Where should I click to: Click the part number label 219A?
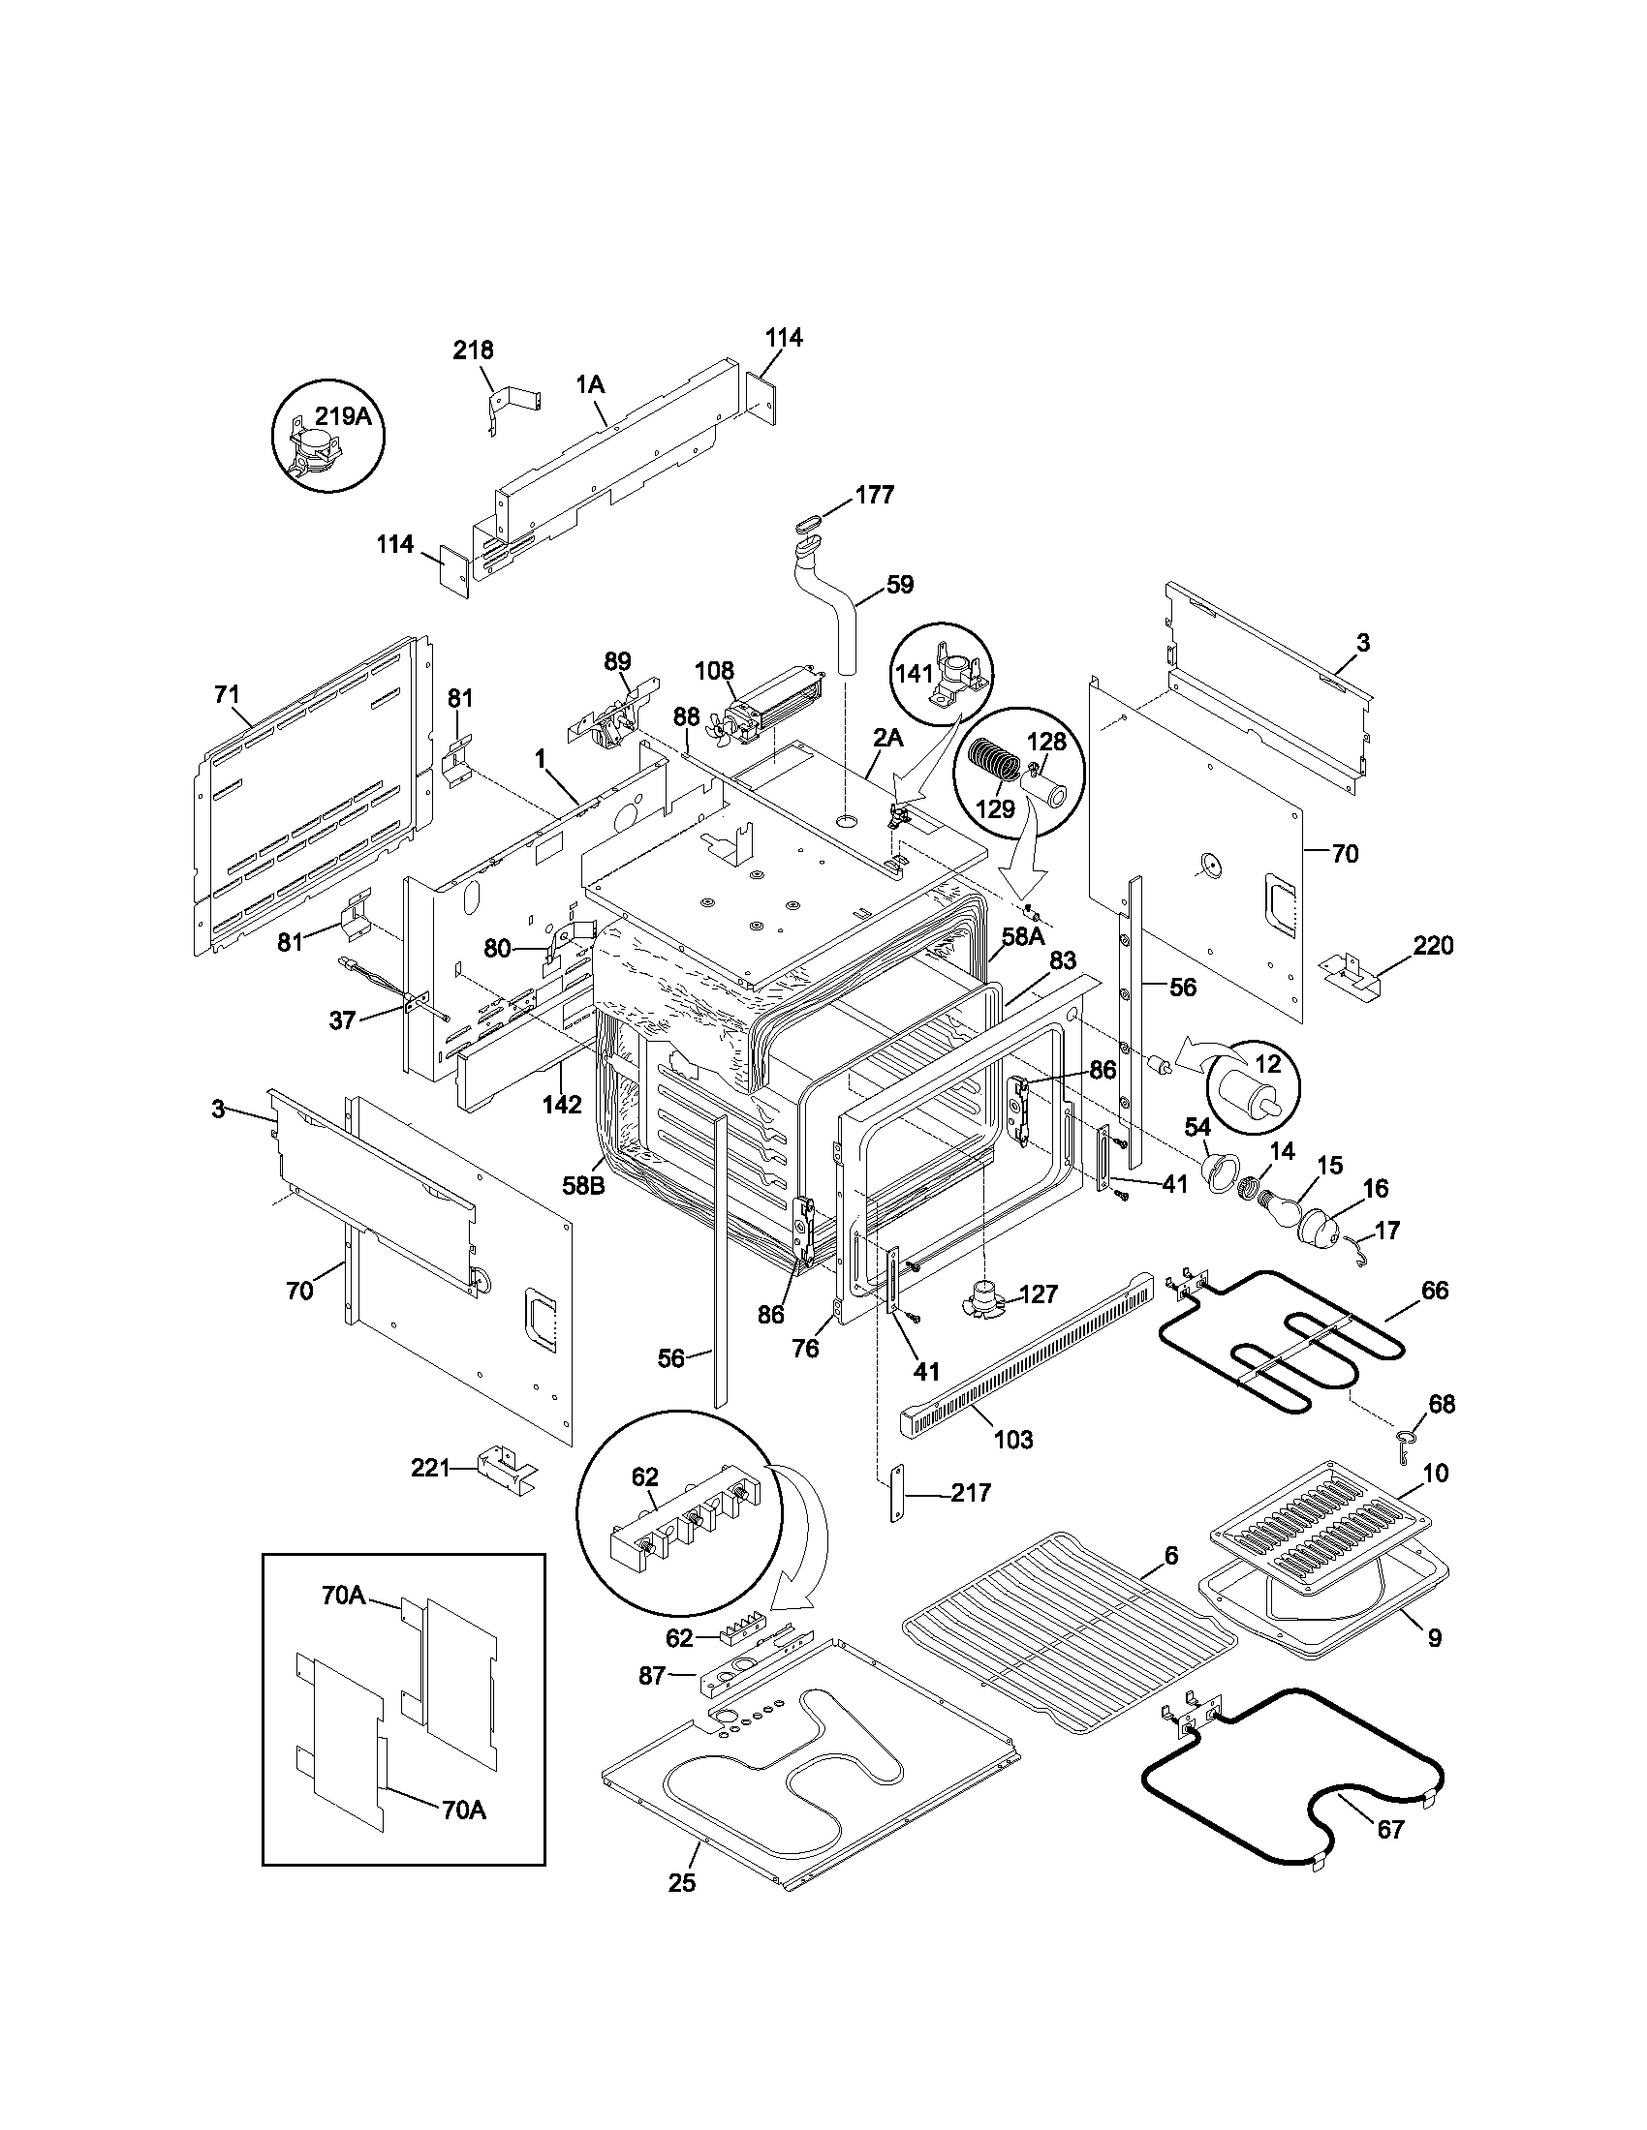(x=342, y=416)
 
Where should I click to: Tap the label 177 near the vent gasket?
(x=874, y=495)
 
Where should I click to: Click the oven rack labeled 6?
(x=1064, y=1638)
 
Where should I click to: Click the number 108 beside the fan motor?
(x=714, y=671)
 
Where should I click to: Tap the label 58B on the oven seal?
(x=581, y=1185)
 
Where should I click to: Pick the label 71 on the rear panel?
(x=226, y=694)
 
